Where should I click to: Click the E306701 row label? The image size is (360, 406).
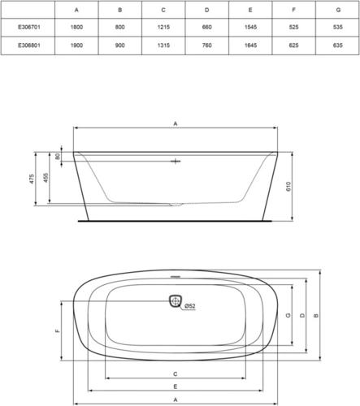tap(29, 28)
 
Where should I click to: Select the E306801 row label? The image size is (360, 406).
tap(29, 45)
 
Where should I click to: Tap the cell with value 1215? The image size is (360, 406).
tap(163, 28)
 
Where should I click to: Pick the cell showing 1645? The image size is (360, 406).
tap(250, 45)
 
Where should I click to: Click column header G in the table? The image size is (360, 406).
tap(338, 10)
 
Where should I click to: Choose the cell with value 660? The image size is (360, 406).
tap(207, 28)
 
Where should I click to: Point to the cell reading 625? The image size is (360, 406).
tap(294, 45)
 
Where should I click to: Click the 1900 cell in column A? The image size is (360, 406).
tap(76, 45)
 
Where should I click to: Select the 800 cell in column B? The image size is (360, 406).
tap(120, 28)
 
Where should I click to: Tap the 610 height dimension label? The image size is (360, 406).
tap(288, 187)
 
